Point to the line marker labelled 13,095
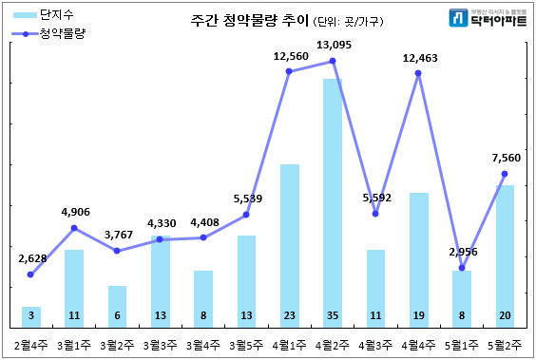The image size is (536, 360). (x=333, y=61)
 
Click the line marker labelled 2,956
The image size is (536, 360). (x=462, y=268)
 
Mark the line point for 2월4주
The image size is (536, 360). (x=31, y=275)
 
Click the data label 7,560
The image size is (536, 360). (x=506, y=158)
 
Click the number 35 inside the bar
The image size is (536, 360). (x=332, y=315)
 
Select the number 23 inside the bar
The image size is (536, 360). (x=289, y=315)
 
